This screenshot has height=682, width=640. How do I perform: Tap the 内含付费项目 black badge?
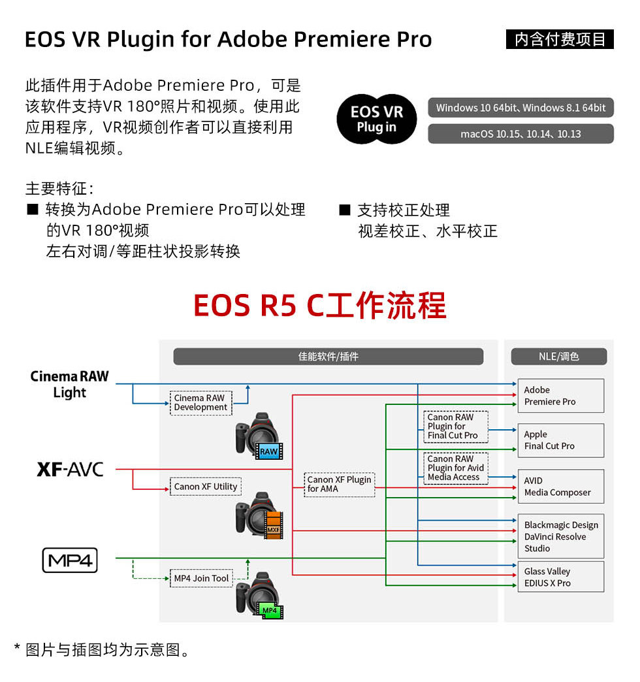tap(560, 39)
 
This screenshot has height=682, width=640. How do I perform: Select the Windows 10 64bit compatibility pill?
tap(520, 108)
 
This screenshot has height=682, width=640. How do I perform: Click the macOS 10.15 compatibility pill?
tap(520, 134)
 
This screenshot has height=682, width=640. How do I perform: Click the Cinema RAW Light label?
tap(70, 384)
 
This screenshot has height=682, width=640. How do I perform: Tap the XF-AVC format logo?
tap(70, 469)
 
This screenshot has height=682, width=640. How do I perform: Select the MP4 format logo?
tap(70, 560)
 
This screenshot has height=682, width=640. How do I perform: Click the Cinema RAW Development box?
tap(200, 402)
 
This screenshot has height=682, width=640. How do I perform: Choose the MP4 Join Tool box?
tap(201, 578)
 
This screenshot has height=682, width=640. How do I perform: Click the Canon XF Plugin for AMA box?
tap(339, 484)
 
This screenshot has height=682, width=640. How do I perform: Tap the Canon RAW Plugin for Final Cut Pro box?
tap(456, 426)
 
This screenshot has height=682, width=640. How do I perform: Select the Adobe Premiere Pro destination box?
tap(560, 396)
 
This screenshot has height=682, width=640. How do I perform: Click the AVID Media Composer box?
tap(560, 487)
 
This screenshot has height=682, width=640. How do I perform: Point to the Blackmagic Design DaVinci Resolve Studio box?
tap(560, 536)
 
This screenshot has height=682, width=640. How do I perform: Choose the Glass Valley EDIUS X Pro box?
tap(560, 577)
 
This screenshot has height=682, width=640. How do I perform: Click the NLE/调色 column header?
tap(559, 357)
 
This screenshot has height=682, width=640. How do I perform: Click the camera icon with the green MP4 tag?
tap(259, 596)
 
